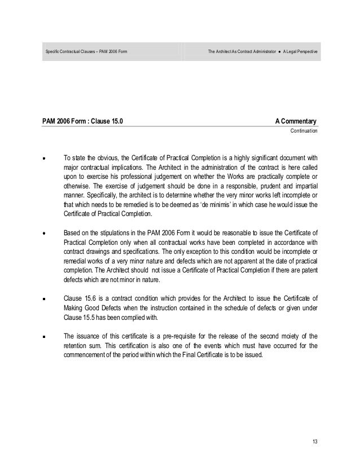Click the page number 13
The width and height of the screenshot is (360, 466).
pyautogui.click(x=315, y=441)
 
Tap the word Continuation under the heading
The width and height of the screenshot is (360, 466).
pyautogui.click(x=304, y=131)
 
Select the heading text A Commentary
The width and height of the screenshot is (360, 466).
pyautogui.click(x=296, y=121)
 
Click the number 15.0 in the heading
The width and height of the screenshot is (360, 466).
pyautogui.click(x=115, y=121)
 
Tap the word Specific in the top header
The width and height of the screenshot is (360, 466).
pyautogui.click(x=53, y=52)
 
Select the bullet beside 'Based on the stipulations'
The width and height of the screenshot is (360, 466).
pyautogui.click(x=43, y=231)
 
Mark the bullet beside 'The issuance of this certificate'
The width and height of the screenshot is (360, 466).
pyautogui.click(x=43, y=337)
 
